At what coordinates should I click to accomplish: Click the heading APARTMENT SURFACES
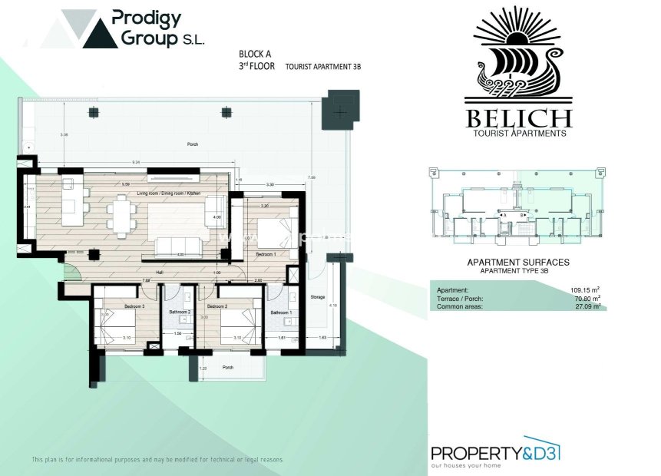pyautogui.click(x=518, y=263)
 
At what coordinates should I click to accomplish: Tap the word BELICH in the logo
pyautogui.click(x=518, y=118)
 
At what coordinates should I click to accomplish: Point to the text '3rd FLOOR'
pyautogui.click(x=256, y=67)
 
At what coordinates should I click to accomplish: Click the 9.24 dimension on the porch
pyautogui.click(x=136, y=162)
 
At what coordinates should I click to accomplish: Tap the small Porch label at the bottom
pyautogui.click(x=228, y=366)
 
